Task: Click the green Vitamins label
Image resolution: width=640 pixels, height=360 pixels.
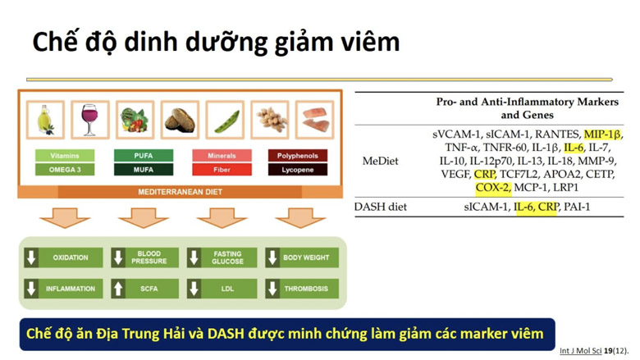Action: (x=64, y=155)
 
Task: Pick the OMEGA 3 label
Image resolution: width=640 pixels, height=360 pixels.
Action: (x=64, y=170)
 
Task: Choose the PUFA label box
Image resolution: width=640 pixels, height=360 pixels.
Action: (x=143, y=155)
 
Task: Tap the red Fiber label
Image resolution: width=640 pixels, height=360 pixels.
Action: (x=222, y=170)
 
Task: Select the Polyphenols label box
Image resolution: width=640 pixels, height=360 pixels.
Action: (x=297, y=155)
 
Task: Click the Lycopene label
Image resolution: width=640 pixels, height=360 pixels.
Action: (x=297, y=170)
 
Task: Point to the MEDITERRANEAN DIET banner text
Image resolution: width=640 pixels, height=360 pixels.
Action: (x=180, y=192)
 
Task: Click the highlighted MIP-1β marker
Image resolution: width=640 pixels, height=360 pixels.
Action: (x=602, y=134)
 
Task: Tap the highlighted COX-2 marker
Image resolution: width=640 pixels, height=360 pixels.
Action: (x=492, y=187)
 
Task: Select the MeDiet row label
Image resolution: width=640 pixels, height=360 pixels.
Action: (x=380, y=161)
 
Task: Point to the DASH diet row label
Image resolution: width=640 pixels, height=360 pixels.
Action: (x=380, y=207)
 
